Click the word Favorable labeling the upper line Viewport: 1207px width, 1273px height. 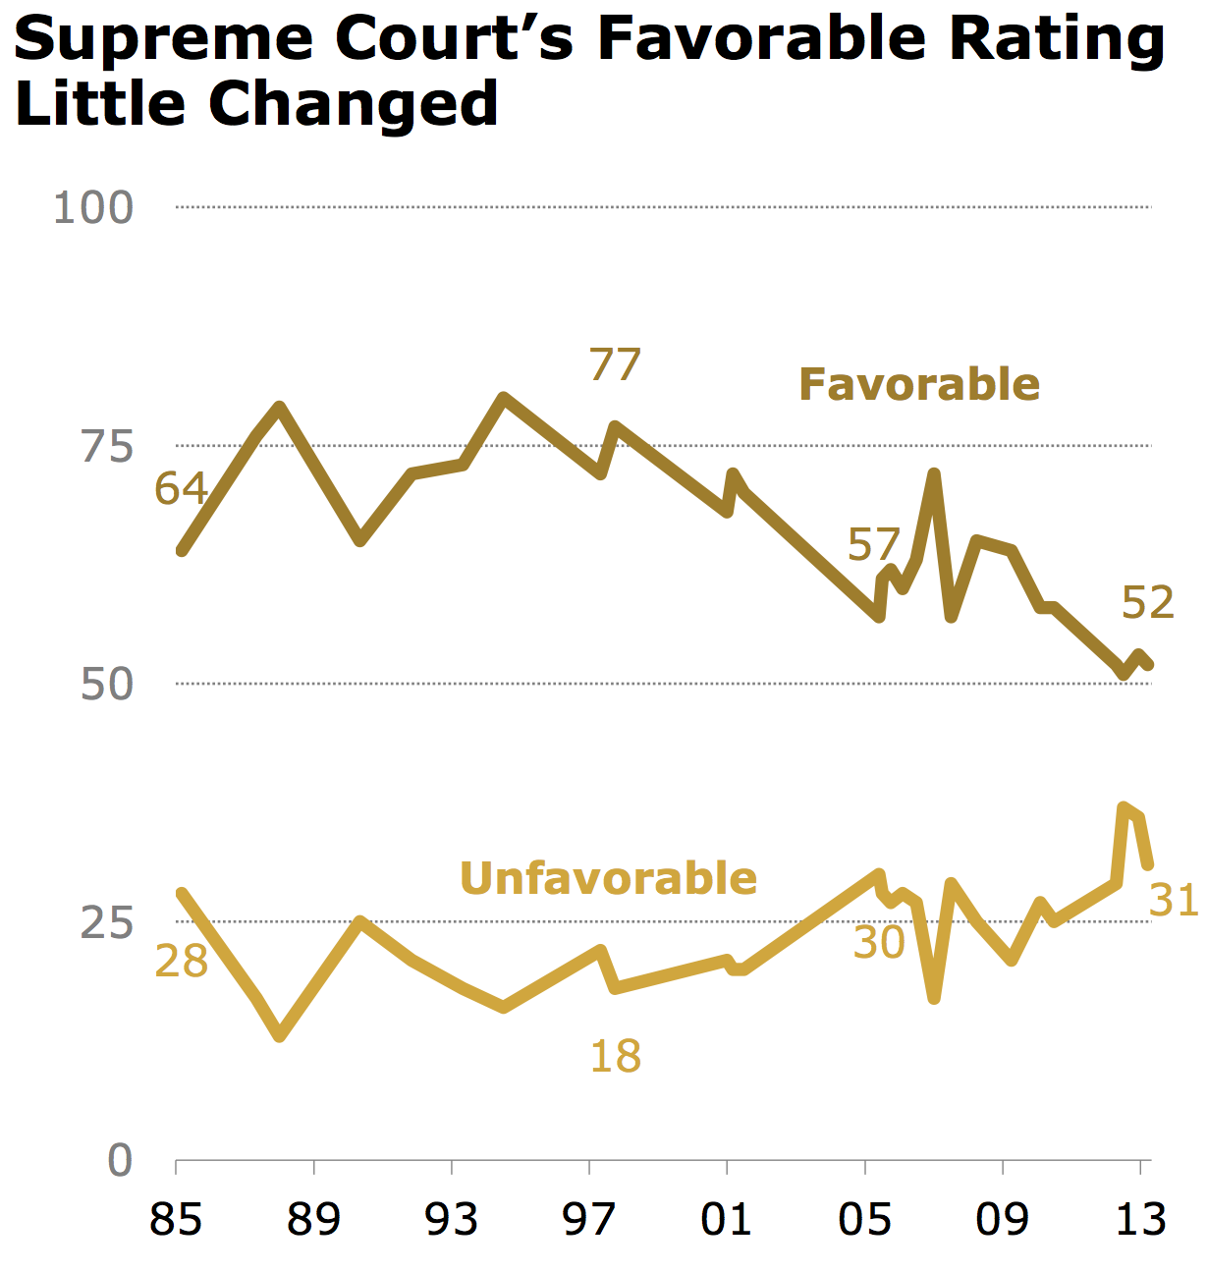pyautogui.click(x=919, y=384)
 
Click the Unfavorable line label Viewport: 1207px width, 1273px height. pyautogui.click(x=608, y=878)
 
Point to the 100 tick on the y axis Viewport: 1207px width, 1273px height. pyautogui.click(x=93, y=208)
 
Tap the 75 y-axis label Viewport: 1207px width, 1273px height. pyautogui.click(x=107, y=447)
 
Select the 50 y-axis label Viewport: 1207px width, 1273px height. pyautogui.click(x=107, y=685)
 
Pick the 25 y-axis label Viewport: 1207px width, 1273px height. pyautogui.click(x=107, y=923)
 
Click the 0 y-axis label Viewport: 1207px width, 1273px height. pyautogui.click(x=120, y=1161)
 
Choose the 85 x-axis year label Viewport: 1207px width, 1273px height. pyautogui.click(x=176, y=1220)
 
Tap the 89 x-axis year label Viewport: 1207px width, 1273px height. pyautogui.click(x=313, y=1220)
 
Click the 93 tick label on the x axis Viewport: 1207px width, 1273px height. pyautogui.click(x=452, y=1220)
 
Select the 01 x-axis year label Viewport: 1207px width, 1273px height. pyautogui.click(x=727, y=1220)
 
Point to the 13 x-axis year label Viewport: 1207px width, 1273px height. pyautogui.click(x=1140, y=1220)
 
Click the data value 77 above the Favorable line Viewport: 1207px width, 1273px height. pyautogui.click(x=615, y=365)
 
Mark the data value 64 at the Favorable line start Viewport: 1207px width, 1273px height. pyautogui.click(x=182, y=488)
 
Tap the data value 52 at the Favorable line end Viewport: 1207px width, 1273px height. pyautogui.click(x=1148, y=603)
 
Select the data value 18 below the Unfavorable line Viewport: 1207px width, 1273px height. pyautogui.click(x=616, y=1057)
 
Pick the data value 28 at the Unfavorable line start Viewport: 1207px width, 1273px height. pyautogui.click(x=182, y=962)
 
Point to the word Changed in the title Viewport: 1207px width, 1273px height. pyautogui.click(x=354, y=104)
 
